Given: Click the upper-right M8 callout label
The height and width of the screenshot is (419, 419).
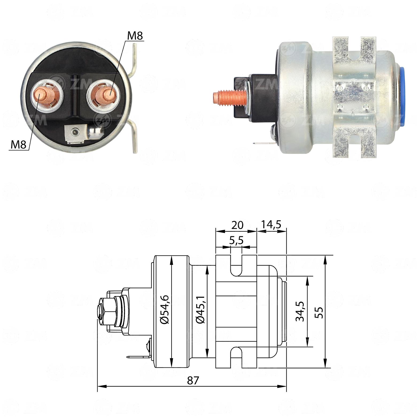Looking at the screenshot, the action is (x=135, y=36).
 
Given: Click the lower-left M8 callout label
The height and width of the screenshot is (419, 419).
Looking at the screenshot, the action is (x=18, y=145).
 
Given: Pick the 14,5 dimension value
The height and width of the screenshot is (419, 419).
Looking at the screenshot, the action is (x=271, y=224).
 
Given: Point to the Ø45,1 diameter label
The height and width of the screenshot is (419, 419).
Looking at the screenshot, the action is (x=200, y=310).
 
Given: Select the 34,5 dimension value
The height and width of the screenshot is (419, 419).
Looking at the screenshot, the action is (x=300, y=311).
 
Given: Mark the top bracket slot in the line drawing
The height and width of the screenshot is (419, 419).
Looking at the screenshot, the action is (x=236, y=265).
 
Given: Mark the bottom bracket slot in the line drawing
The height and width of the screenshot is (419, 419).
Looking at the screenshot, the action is (x=236, y=357).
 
